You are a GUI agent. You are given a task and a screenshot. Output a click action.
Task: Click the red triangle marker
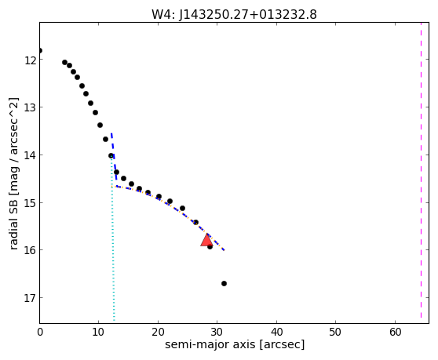tap(206, 241)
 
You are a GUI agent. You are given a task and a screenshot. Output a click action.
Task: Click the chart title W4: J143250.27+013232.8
tap(234, 15)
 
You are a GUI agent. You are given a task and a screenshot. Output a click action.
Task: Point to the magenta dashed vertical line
tap(421, 170)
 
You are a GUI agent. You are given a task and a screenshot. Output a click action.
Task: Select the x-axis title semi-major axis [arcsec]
tap(235, 344)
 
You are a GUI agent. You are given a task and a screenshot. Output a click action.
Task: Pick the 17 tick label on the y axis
tap(30, 298)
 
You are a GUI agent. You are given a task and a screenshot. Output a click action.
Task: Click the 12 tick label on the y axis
tap(30, 60)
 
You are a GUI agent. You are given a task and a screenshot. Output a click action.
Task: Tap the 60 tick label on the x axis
tap(395, 332)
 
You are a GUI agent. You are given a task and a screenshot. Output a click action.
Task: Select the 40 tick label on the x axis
tap(276, 332)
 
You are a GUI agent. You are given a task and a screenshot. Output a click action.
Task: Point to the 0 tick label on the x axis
tap(40, 332)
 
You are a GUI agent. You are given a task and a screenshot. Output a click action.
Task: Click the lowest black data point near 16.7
tap(224, 284)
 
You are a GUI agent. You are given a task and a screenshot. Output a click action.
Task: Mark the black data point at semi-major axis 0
tap(40, 50)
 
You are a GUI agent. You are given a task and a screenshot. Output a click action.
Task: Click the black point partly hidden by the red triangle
tap(210, 247)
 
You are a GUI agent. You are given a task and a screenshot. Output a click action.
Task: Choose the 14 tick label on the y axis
tap(30, 155)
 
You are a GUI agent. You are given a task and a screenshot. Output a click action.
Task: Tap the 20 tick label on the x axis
tap(158, 332)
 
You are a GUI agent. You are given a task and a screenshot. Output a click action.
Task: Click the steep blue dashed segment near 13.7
tap(114, 156)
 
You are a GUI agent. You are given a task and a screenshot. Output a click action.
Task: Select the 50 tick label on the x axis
tap(336, 332)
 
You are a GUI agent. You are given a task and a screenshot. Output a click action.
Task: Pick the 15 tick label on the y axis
tap(30, 203)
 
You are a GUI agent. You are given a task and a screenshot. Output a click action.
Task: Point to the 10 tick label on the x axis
tap(99, 332)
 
